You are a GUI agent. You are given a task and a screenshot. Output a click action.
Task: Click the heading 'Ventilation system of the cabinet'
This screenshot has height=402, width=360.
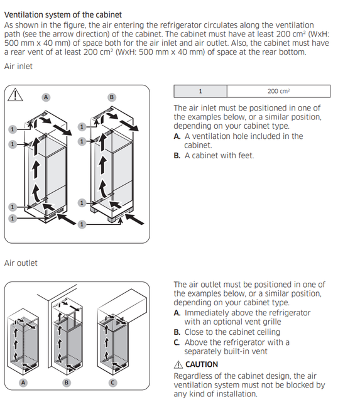point(63,15)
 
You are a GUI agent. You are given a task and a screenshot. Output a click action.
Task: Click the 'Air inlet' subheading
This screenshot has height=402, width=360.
point(18,67)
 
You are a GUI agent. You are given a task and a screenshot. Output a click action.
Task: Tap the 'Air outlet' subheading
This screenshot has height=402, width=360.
point(21,263)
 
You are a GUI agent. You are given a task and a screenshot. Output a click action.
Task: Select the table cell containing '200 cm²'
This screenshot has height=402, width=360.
point(279,91)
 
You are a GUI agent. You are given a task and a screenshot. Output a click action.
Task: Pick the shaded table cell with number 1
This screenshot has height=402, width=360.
point(200,91)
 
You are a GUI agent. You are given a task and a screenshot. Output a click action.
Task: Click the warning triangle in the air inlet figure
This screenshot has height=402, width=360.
point(15,95)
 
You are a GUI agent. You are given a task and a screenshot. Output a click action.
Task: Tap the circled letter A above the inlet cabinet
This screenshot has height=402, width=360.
point(46,97)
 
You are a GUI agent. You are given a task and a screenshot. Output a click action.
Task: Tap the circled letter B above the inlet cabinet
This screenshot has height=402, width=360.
point(112,97)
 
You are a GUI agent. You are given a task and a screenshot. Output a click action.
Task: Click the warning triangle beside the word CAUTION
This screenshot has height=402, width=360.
point(178,364)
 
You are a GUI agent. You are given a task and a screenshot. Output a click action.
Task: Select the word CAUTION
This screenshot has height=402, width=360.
point(202,364)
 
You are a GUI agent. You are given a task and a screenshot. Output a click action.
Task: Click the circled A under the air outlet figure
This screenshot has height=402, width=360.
point(23,383)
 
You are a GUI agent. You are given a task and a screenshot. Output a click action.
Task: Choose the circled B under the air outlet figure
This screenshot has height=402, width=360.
point(67,383)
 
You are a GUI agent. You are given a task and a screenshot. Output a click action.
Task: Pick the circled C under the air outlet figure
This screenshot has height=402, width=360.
point(112,383)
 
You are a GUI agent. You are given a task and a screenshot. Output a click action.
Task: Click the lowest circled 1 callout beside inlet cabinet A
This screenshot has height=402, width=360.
point(13,219)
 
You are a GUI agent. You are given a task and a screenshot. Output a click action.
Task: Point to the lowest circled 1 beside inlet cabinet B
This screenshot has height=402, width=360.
point(82,224)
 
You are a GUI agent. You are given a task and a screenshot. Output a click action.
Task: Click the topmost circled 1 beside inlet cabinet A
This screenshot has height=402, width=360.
point(13,129)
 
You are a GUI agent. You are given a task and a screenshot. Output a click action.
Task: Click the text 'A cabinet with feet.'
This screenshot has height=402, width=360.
point(219,156)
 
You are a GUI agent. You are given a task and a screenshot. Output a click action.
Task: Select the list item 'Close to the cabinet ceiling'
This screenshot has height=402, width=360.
point(232,332)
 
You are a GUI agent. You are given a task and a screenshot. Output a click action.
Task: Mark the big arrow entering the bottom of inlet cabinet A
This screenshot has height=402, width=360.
point(67,219)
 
